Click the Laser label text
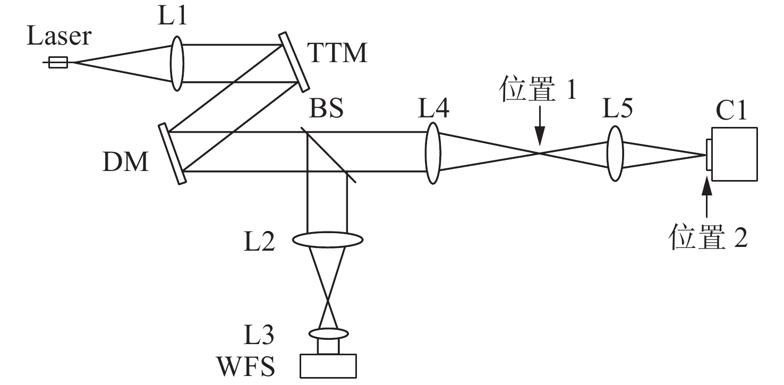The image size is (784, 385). coord(59,36)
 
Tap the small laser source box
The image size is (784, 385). coord(58,62)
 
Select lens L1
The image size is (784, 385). coord(177,63)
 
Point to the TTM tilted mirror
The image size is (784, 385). coord(294,62)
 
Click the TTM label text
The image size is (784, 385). coord(337,53)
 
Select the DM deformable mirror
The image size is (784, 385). coord(172,153)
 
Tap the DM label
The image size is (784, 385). coord(125,161)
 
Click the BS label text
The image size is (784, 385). coord(326,108)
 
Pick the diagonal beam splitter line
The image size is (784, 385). coord(328,155)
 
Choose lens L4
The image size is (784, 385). coord(433,153)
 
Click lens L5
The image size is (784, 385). coord(615,153)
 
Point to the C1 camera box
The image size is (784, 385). coord(734,155)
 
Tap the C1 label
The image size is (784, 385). coord(731,110)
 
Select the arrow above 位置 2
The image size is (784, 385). coord(706,197)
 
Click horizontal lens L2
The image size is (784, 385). coord(328,239)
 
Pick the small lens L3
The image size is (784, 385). coord(328,333)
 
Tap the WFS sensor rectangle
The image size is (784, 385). coord(328,366)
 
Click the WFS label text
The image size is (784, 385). coord(246,366)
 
